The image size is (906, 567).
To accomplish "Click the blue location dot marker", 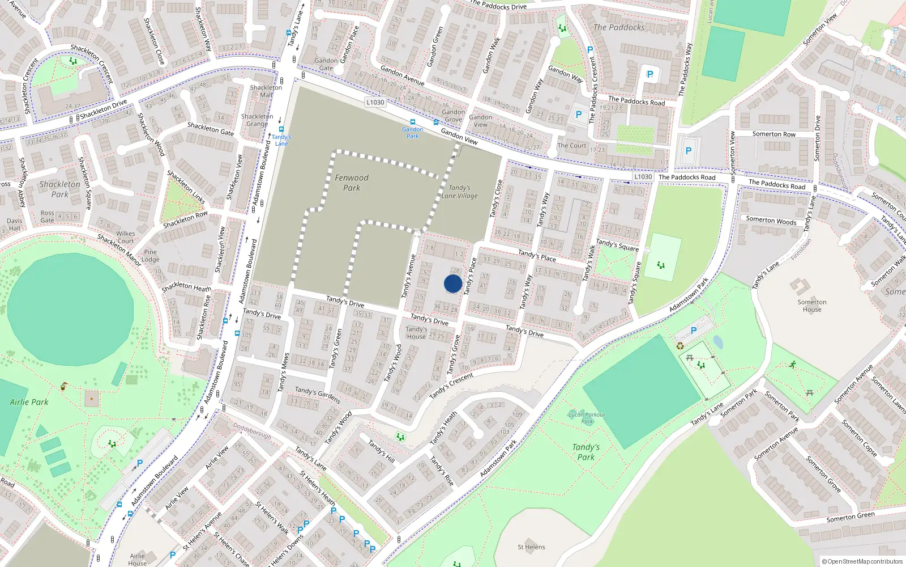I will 453,283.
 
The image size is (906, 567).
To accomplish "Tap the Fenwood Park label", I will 351,183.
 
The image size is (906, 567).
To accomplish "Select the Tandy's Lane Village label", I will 459,192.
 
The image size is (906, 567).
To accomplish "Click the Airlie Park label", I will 29,402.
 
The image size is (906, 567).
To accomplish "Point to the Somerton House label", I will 812,306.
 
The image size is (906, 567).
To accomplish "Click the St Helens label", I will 531,547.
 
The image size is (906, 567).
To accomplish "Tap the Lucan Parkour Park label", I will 587,418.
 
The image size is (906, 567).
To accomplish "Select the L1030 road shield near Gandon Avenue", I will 375,102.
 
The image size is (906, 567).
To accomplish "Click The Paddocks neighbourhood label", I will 619,27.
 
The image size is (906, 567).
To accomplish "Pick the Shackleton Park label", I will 59,189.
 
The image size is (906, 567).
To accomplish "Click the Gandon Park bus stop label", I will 413,133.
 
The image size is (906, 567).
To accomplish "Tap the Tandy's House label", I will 416,333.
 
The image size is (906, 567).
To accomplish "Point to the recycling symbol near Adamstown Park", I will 680,346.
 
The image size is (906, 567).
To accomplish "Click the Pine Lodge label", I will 150,256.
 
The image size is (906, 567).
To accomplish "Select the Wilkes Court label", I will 126,237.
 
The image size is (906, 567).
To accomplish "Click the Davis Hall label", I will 15,225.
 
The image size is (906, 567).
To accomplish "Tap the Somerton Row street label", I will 773,134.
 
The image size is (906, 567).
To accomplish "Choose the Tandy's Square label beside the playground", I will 617,245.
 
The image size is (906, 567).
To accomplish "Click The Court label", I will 572,146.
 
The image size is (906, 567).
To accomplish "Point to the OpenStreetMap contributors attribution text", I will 862,562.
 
